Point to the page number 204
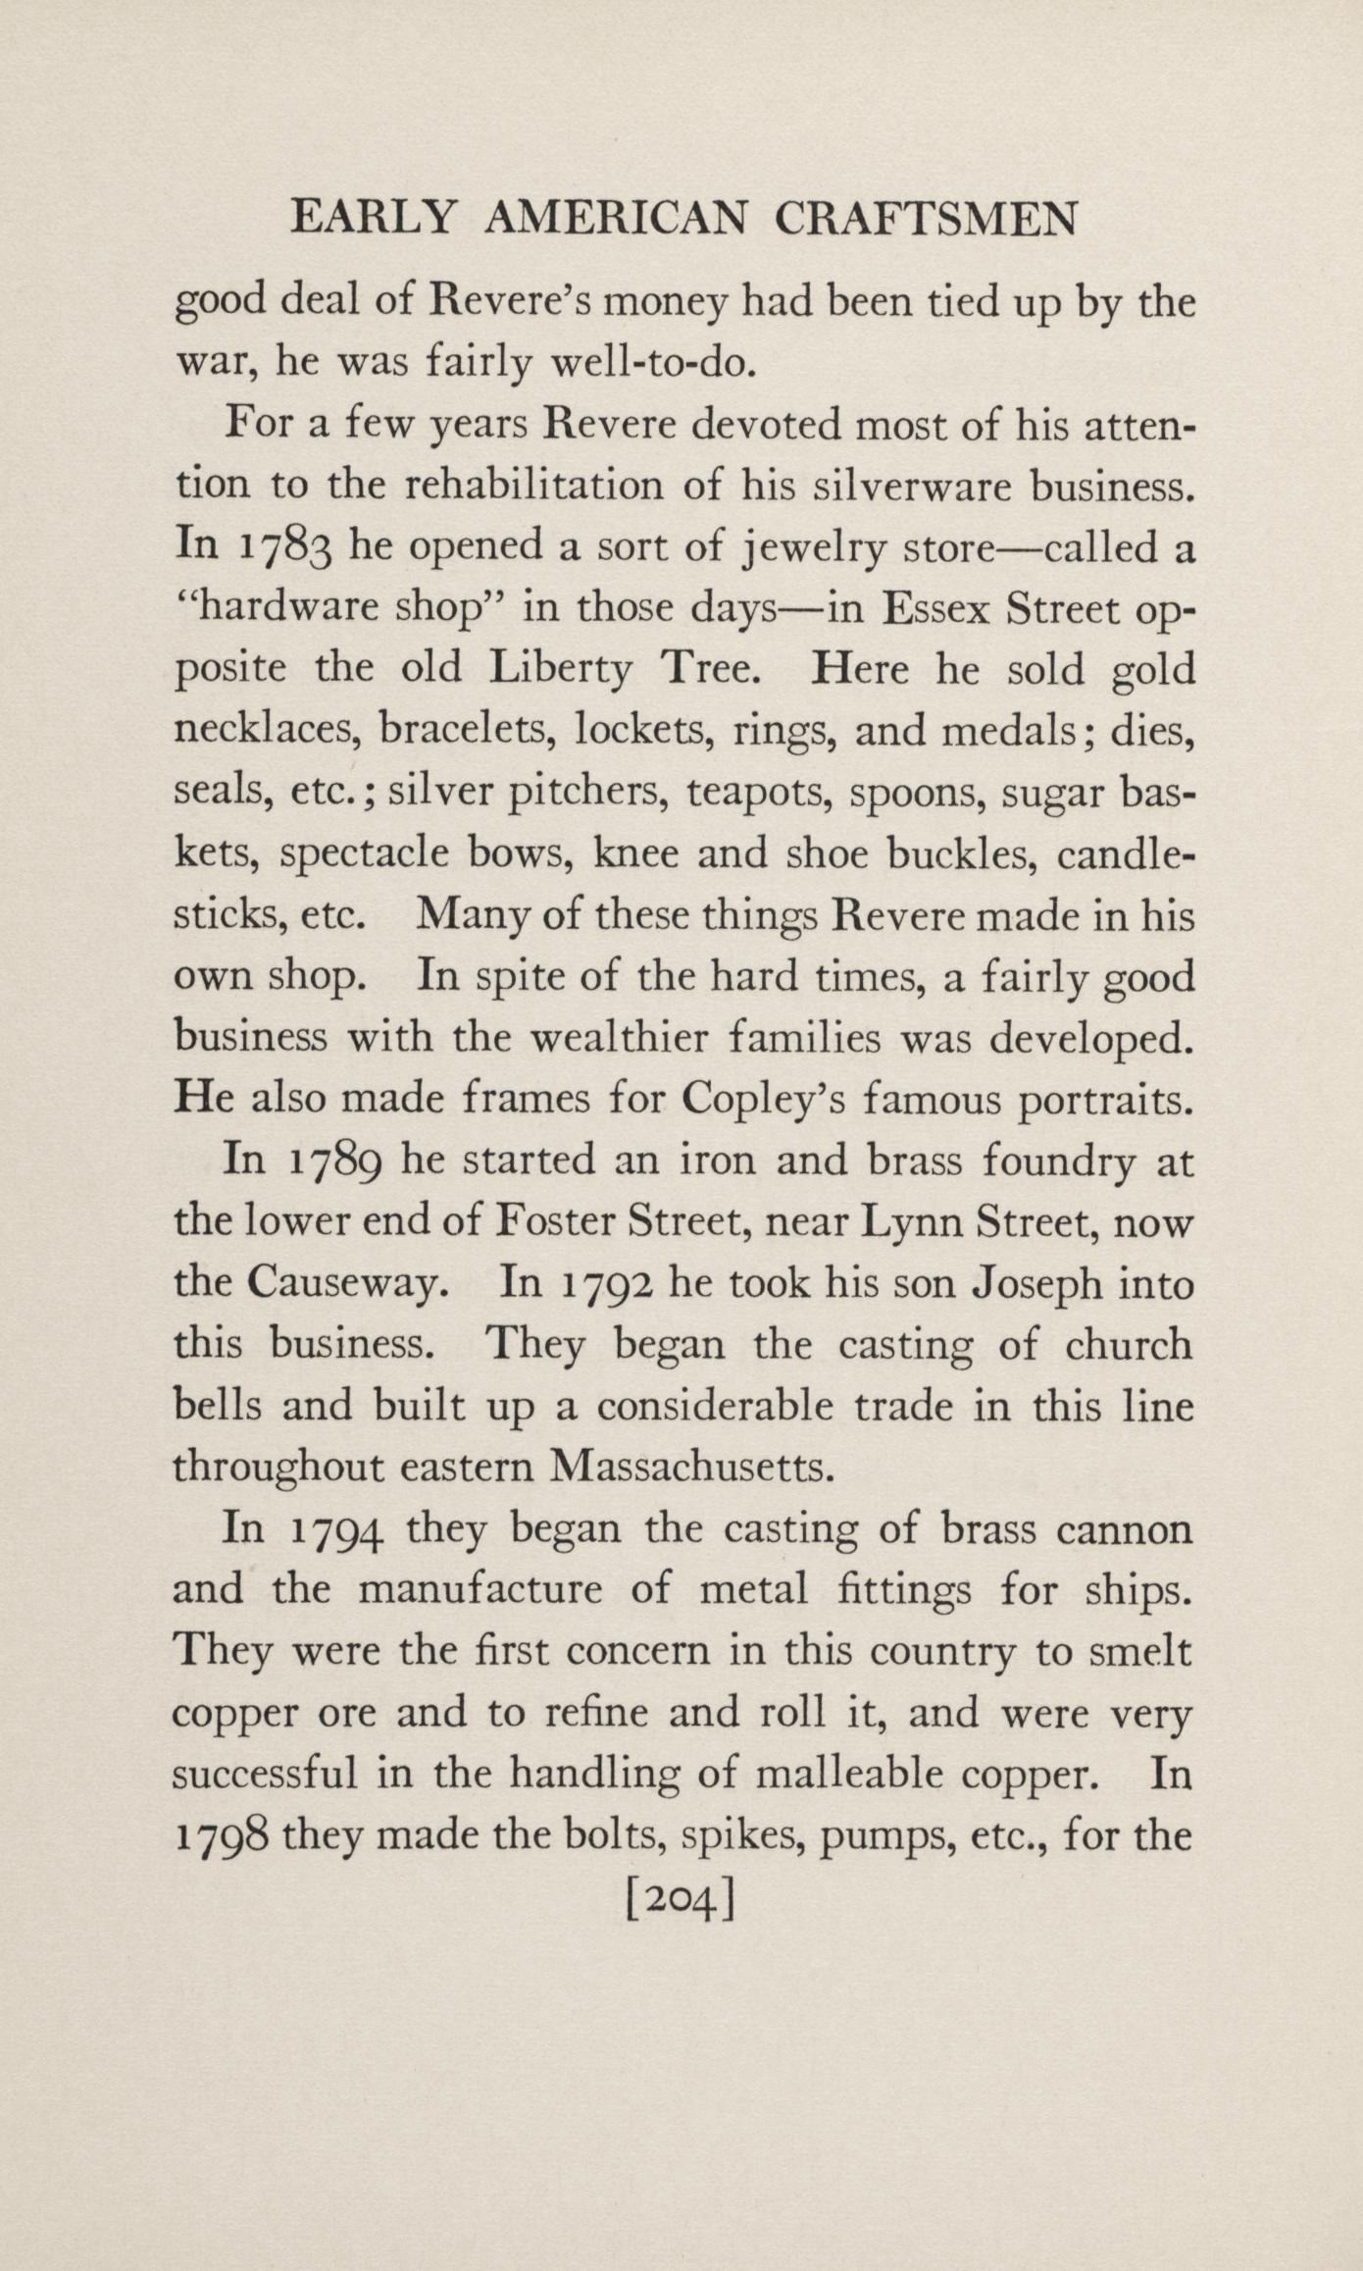pyautogui.click(x=681, y=1905)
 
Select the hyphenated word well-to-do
pyautogui.click(x=653, y=366)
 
